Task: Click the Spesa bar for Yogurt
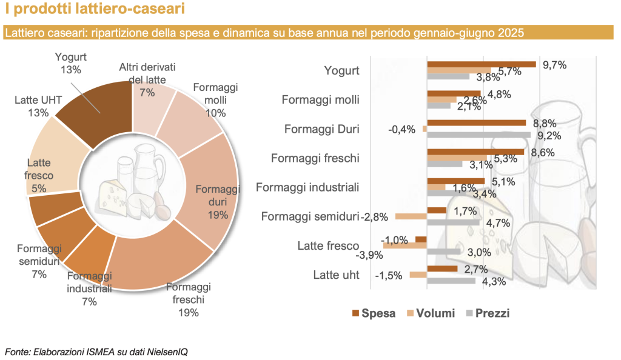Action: pyautogui.click(x=482, y=64)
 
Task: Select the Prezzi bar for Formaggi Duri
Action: pyautogui.click(x=479, y=135)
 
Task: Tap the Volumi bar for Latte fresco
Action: pyautogui.click(x=405, y=245)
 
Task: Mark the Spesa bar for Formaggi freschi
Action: pyautogui.click(x=475, y=152)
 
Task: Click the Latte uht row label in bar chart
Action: pyautogui.click(x=337, y=275)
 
